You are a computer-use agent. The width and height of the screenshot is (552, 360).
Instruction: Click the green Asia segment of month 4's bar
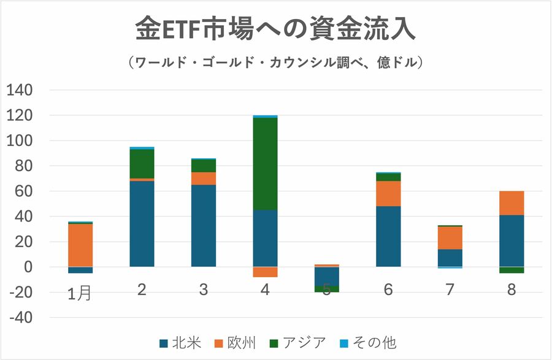click(x=265, y=164)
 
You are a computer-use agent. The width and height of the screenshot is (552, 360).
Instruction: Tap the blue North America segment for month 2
click(x=142, y=224)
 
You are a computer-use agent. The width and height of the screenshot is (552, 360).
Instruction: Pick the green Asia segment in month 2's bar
click(x=142, y=164)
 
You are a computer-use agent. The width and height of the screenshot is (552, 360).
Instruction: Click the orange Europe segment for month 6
click(x=388, y=193)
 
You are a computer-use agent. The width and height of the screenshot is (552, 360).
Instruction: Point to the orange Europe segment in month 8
click(x=512, y=203)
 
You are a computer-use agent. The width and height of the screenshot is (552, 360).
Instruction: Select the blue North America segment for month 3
click(x=204, y=226)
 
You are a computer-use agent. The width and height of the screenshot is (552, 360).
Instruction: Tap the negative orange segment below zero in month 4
click(x=265, y=272)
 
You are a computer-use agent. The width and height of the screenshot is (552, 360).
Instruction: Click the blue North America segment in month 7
click(x=450, y=258)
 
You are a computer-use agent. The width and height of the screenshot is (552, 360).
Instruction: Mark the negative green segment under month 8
click(x=512, y=270)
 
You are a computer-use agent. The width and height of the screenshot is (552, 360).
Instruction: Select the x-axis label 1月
click(x=79, y=293)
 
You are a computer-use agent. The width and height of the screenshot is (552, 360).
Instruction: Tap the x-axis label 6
click(x=388, y=289)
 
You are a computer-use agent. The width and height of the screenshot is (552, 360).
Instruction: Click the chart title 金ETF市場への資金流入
click(x=275, y=29)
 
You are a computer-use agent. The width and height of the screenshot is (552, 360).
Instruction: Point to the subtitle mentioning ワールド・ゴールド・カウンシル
click(x=275, y=63)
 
